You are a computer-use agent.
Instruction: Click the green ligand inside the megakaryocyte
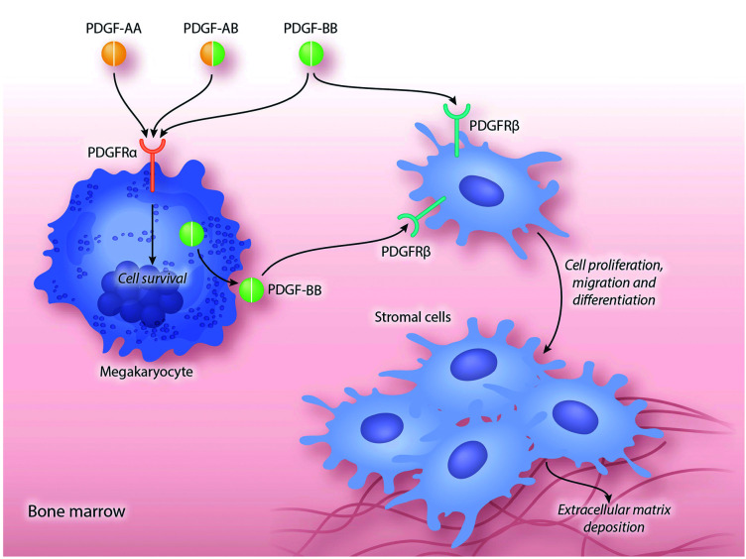[192, 237]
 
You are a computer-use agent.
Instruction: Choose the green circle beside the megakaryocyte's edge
[250, 290]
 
